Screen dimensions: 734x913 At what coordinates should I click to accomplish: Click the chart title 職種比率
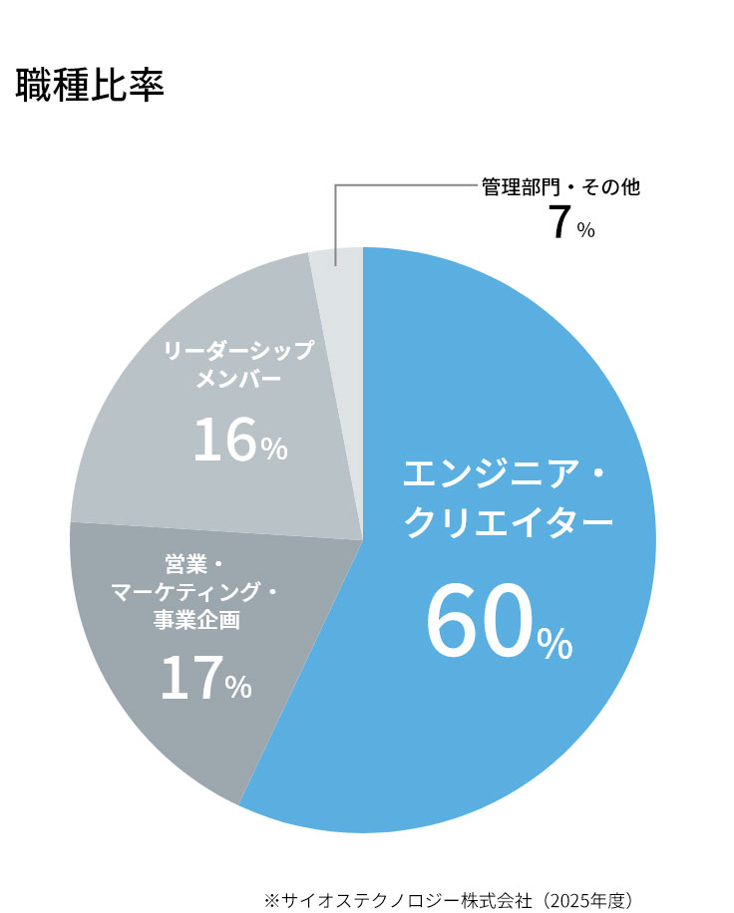coord(90,85)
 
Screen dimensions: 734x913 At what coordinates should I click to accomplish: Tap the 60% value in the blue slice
coord(500,622)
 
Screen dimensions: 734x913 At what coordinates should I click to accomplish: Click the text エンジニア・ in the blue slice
coord(505,474)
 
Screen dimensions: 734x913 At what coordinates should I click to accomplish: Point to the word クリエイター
coord(509,521)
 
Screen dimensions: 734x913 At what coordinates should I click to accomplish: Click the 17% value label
coord(206,678)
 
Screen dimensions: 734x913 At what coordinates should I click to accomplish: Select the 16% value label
coord(240,440)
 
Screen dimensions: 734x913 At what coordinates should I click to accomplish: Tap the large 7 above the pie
coord(558,222)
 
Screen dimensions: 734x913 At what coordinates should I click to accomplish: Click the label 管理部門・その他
coord(561,187)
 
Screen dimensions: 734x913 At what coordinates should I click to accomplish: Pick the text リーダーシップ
coord(238,351)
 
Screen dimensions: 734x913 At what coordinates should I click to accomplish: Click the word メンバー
coord(238,380)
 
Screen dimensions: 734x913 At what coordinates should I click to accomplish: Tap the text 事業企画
coord(196,620)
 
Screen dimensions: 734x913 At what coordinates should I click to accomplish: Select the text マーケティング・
coord(194,592)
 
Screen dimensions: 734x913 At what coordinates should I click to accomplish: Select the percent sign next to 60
coord(555,644)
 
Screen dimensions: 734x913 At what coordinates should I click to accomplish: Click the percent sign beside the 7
coord(586,230)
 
